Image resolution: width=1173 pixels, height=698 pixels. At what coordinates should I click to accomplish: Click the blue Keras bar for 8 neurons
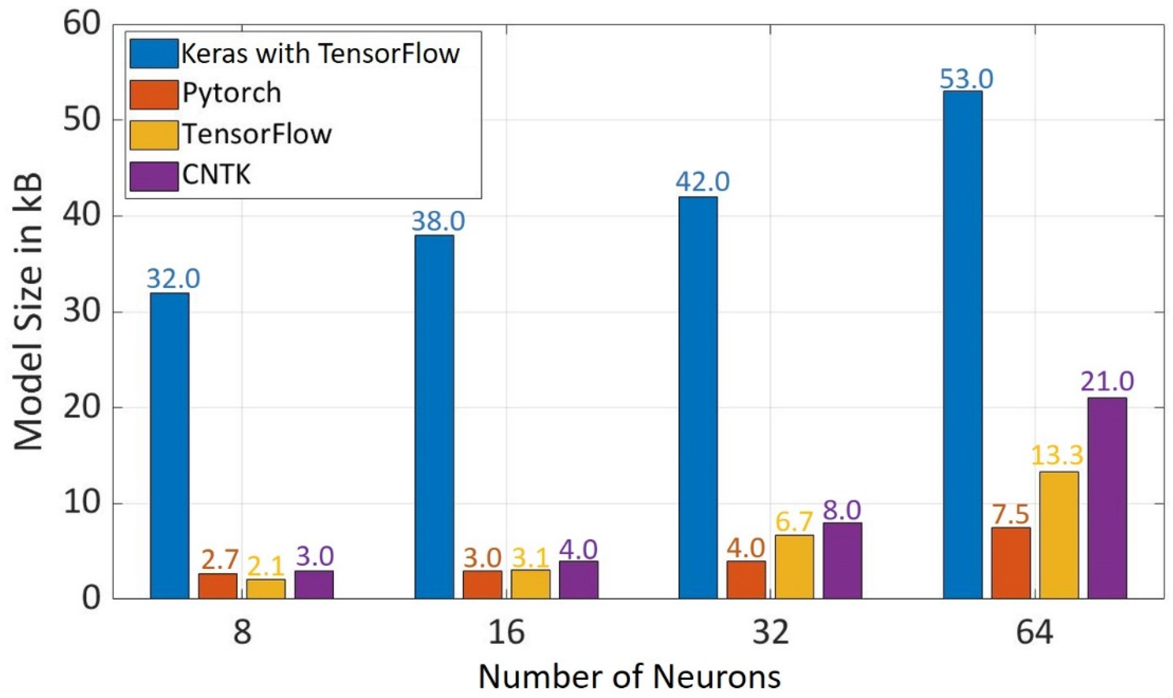click(170, 446)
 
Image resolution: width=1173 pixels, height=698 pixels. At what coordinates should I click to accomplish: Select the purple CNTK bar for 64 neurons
click(1107, 498)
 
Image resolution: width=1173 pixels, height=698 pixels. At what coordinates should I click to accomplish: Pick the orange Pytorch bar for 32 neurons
click(746, 579)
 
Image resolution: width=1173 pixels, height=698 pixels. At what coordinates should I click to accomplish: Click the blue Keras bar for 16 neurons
click(434, 417)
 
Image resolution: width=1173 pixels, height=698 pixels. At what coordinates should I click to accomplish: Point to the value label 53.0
click(967, 79)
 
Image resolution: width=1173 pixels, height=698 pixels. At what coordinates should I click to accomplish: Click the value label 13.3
click(1057, 455)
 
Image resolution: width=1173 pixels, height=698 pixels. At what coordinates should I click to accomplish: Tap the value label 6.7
click(794, 521)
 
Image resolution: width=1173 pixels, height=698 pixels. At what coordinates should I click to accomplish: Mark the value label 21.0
click(1107, 382)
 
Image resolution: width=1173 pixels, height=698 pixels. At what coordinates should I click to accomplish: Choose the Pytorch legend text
click(232, 93)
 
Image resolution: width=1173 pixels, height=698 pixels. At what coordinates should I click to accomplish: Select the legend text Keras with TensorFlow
click(320, 54)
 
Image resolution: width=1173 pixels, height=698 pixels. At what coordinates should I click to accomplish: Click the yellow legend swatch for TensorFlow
click(154, 135)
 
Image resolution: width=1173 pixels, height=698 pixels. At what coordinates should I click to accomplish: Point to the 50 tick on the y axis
click(82, 119)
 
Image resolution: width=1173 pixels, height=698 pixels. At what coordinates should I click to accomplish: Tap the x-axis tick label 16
click(506, 632)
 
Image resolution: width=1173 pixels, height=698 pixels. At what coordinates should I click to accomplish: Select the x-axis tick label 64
click(1034, 632)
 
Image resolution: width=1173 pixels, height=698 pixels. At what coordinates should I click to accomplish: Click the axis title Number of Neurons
click(629, 676)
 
